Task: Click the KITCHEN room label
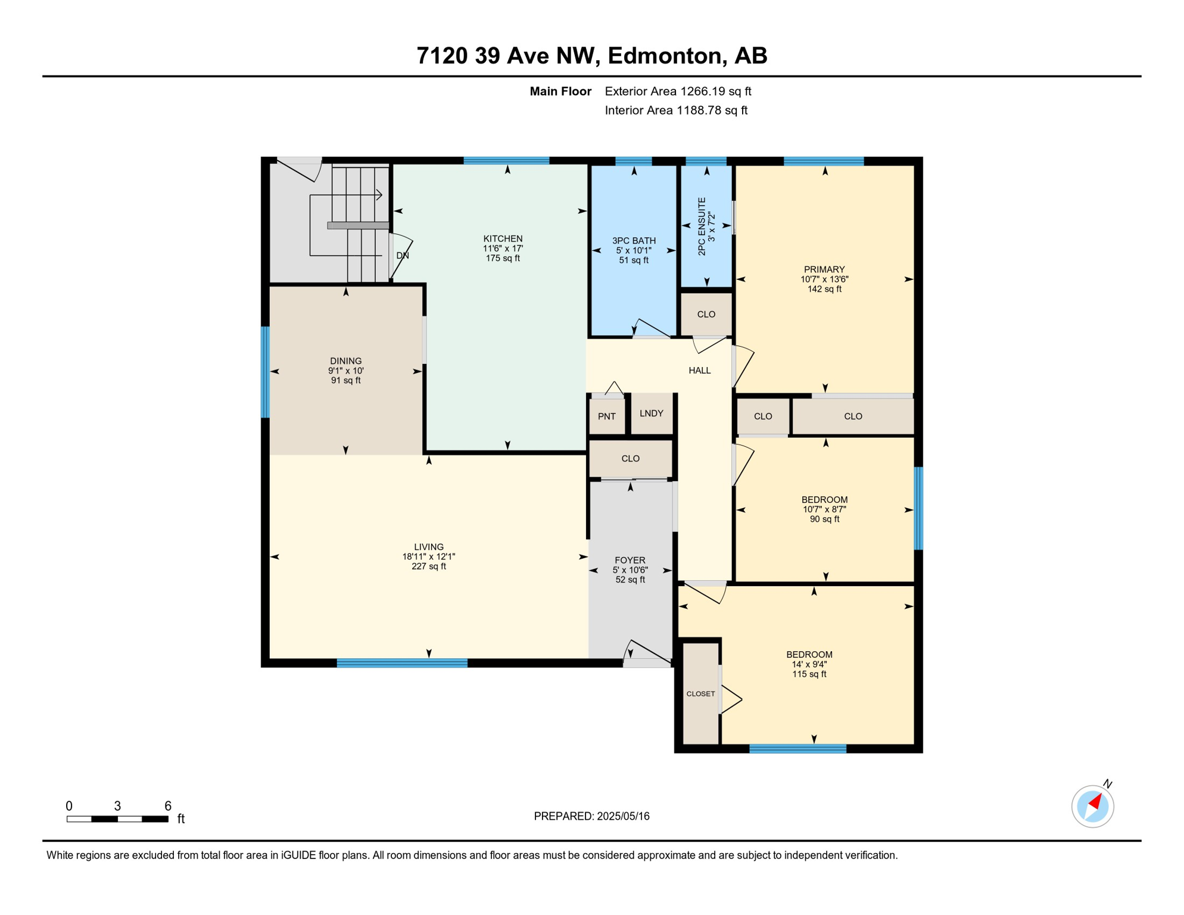pyautogui.click(x=503, y=239)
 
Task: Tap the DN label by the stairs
pyautogui.click(x=403, y=256)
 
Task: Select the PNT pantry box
pyautogui.click(x=607, y=416)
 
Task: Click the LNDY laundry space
pyautogui.click(x=652, y=413)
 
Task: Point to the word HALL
pyautogui.click(x=700, y=371)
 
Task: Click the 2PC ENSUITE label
pyautogui.click(x=702, y=226)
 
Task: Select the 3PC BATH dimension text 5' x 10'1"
pyautogui.click(x=634, y=251)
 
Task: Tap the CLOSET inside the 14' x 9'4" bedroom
pyautogui.click(x=700, y=694)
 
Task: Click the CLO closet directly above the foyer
pyautogui.click(x=630, y=459)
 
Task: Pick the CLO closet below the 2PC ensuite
pyautogui.click(x=706, y=315)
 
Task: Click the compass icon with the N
pyautogui.click(x=1093, y=806)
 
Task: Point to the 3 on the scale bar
pyautogui.click(x=117, y=806)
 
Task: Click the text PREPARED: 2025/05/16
pyautogui.click(x=591, y=816)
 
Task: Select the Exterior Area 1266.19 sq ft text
pyautogui.click(x=678, y=91)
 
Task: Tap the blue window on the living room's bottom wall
pyautogui.click(x=402, y=663)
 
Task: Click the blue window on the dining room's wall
pyautogui.click(x=266, y=372)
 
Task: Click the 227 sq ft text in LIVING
pyautogui.click(x=429, y=567)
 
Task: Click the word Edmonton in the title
pyautogui.click(x=665, y=55)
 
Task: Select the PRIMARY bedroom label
pyautogui.click(x=824, y=269)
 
